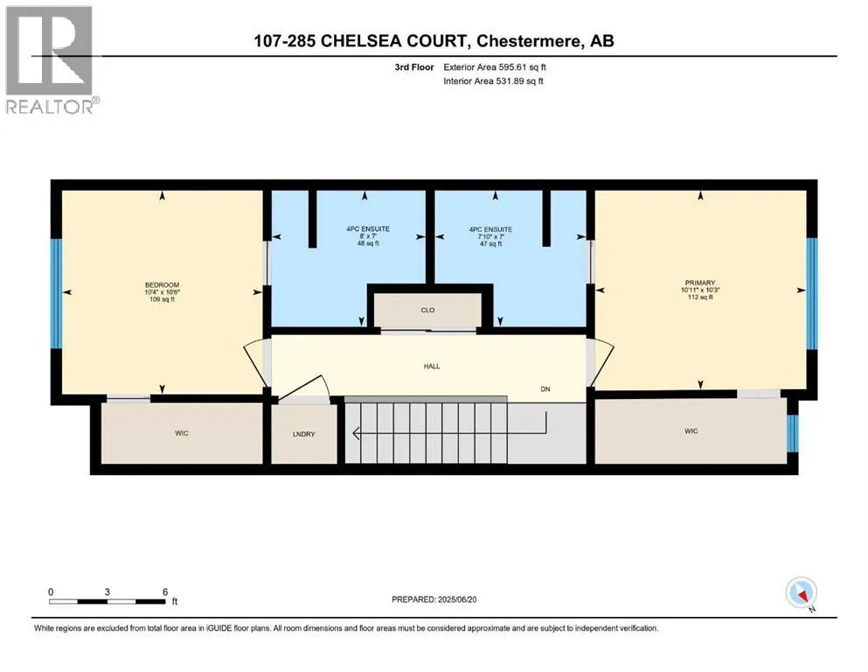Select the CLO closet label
[427, 310]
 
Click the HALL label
[430, 366]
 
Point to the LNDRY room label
[304, 432]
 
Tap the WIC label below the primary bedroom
[691, 430]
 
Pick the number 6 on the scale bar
[165, 591]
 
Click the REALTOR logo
[50, 61]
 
